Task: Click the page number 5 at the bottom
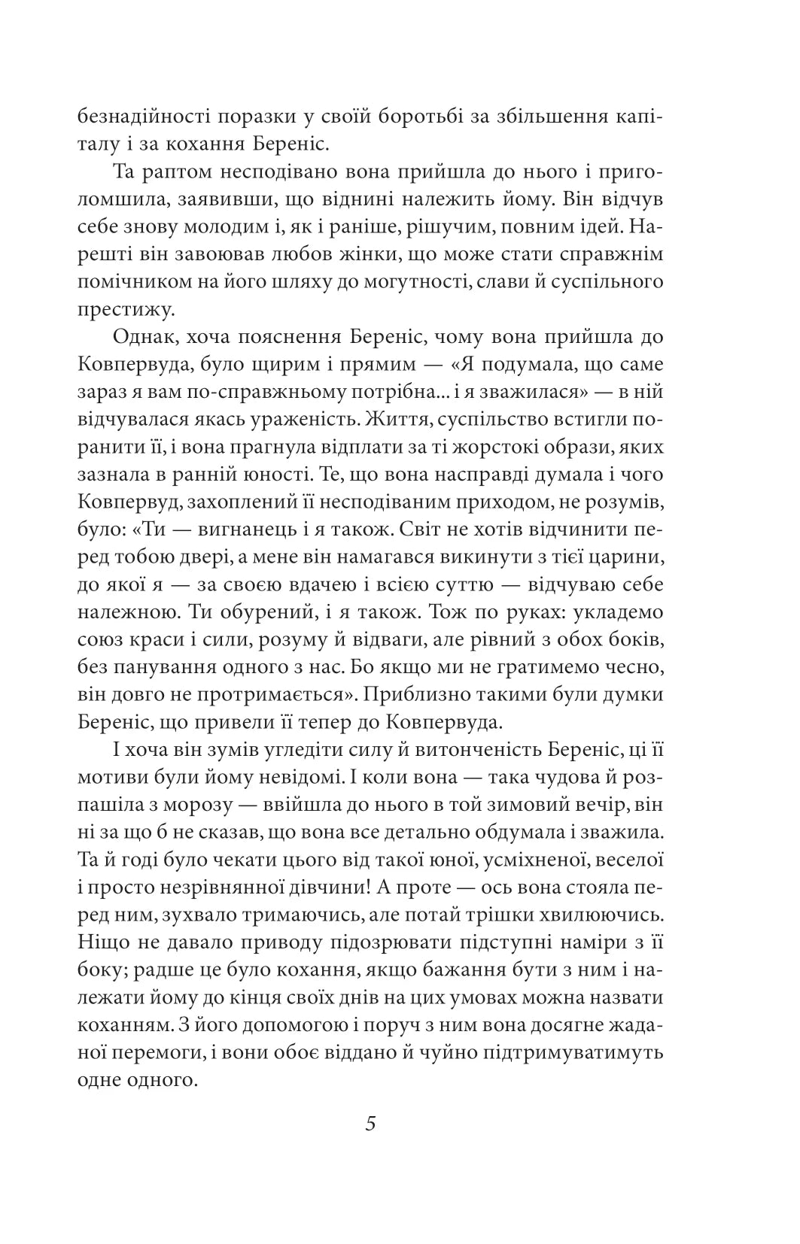[x=370, y=1124]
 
